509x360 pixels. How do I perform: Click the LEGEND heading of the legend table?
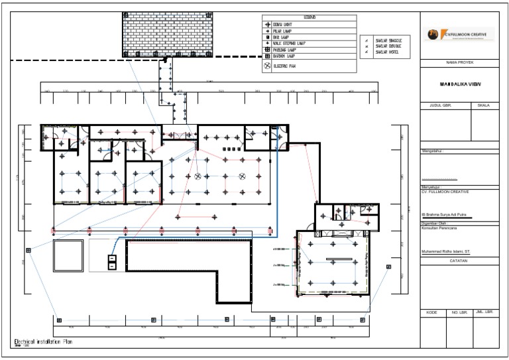(310, 17)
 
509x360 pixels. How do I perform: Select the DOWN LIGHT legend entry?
(286, 24)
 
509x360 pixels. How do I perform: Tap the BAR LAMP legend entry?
(284, 36)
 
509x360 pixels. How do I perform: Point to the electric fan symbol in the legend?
(268, 66)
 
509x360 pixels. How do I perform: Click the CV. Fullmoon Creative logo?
(457, 35)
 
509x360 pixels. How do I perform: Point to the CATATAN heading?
(460, 261)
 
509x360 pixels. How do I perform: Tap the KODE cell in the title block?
(432, 312)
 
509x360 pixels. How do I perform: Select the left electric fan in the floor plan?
(198, 176)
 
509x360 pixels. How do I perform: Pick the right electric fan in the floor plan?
(243, 176)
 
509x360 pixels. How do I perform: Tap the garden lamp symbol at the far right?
(388, 267)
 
